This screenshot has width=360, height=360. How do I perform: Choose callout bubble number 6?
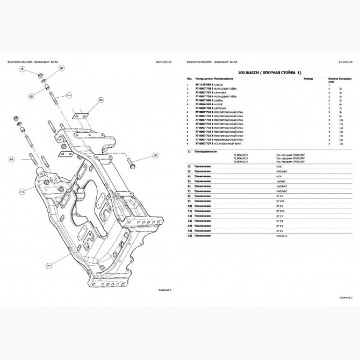[x=31, y=96]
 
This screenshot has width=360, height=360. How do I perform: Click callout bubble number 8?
[x=100, y=100]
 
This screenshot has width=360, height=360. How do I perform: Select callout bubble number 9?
[x=155, y=155]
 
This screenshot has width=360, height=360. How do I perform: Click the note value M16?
[x=278, y=167]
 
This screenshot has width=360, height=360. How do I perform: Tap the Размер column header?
[x=308, y=80]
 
